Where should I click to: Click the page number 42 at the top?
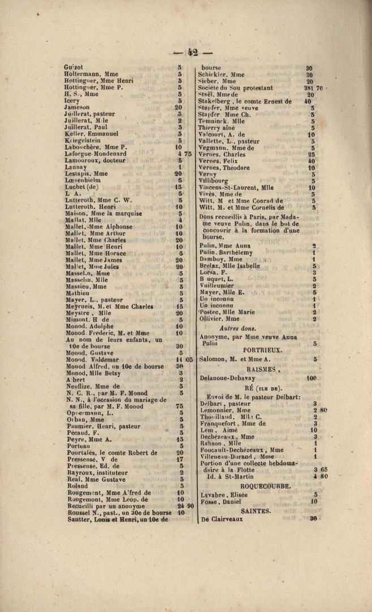point(186,52)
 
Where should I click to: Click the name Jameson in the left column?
point(76,107)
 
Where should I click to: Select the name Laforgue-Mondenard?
point(96,154)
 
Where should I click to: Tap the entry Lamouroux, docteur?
point(94,160)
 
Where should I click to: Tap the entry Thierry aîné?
point(217,128)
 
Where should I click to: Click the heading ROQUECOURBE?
point(266,486)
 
